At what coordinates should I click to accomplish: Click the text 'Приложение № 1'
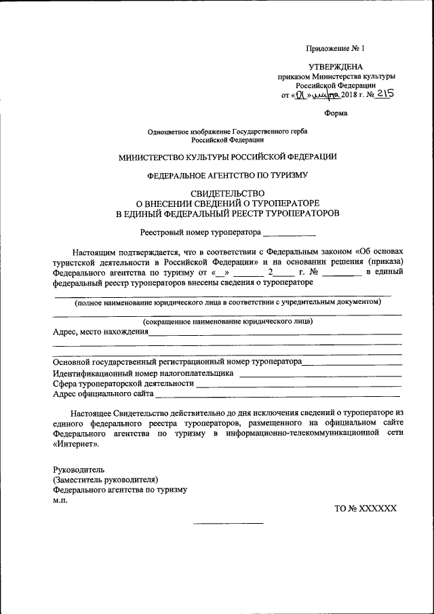click(336, 49)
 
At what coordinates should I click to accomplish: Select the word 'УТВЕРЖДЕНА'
click(336, 67)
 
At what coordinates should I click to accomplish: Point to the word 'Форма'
click(336, 113)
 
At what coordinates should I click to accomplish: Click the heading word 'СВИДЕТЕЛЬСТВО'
click(227, 193)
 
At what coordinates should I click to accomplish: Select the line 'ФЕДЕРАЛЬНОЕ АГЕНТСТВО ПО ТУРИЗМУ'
click(227, 174)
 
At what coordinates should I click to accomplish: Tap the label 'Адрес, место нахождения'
click(100, 332)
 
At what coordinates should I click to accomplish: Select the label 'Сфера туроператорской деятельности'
click(123, 383)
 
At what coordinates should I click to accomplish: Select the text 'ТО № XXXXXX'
click(365, 507)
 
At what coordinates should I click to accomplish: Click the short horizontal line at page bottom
click(228, 523)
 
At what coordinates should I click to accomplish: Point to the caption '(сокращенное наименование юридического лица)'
click(227, 322)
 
